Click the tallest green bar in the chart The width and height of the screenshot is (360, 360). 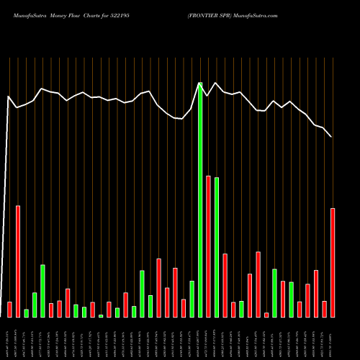tap(200, 200)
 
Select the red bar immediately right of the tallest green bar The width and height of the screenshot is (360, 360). tap(208, 246)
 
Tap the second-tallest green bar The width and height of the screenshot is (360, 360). tap(217, 247)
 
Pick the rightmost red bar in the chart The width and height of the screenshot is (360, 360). tap(333, 263)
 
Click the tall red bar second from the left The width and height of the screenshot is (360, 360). tap(18, 261)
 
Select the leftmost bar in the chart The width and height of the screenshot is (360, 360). tap(9, 310)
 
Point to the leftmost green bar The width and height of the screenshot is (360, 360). tap(27, 313)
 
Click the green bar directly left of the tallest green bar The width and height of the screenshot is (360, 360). tap(192, 299)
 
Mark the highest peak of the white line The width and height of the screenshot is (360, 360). tap(199, 83)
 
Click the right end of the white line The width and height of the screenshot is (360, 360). tap(331, 136)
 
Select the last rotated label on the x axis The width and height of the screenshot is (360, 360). tap(331, 338)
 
